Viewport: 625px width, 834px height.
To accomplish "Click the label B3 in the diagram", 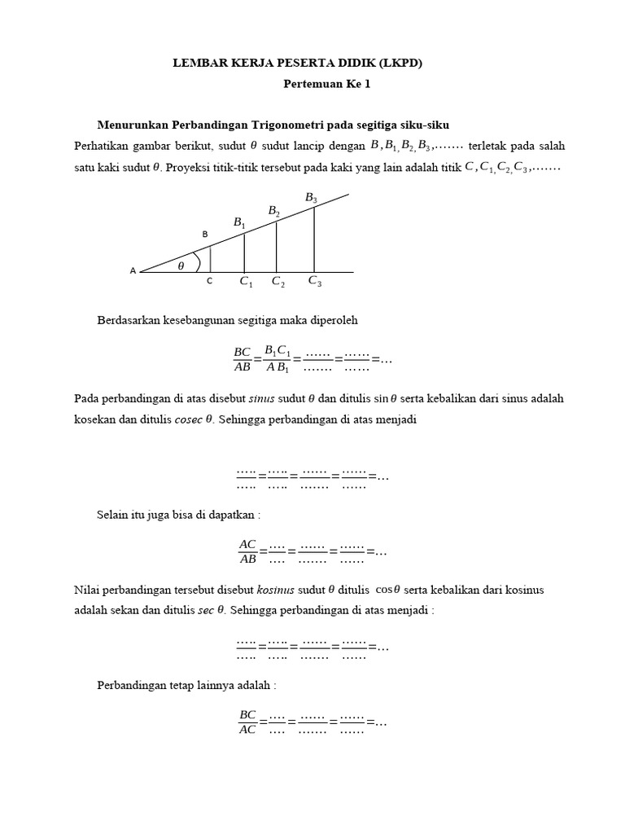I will click(311, 198).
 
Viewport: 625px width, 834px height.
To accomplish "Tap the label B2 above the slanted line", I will click(274, 211).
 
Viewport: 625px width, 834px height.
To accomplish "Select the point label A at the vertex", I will click(133, 271).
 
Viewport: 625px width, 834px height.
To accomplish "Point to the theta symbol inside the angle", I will click(181, 265).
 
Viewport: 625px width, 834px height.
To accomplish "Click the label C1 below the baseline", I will click(246, 282).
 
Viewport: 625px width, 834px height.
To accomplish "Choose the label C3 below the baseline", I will click(314, 281).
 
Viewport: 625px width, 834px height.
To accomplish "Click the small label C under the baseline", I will click(209, 281).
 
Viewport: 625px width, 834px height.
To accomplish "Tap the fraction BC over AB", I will click(243, 358).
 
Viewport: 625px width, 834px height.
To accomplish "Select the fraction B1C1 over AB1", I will click(278, 358).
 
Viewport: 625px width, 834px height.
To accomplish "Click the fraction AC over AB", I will click(247, 551).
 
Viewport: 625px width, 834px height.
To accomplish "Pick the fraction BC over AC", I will click(247, 722).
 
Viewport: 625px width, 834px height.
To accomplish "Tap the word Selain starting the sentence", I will click(113, 515).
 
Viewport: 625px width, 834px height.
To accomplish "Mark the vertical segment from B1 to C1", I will click(244, 252).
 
